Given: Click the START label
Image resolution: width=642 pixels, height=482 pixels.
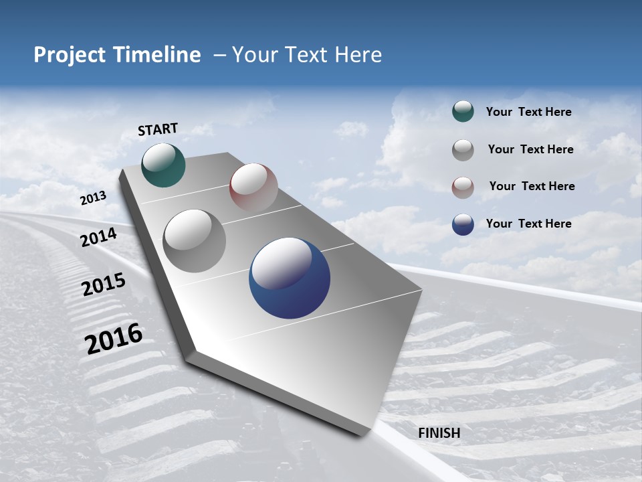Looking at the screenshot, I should (x=158, y=129).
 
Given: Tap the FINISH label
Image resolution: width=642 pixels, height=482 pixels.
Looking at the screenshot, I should (x=439, y=433).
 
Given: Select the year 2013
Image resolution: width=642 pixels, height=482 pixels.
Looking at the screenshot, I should (x=93, y=198).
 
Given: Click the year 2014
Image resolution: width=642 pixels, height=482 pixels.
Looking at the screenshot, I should (x=98, y=238).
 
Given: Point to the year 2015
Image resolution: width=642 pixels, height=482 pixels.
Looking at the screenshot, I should (x=103, y=285).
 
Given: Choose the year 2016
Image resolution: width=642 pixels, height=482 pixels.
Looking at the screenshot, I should (x=114, y=339).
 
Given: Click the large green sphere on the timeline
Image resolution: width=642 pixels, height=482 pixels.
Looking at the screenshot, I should (x=164, y=165).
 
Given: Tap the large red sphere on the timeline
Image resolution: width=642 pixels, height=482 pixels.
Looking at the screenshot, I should (x=253, y=187).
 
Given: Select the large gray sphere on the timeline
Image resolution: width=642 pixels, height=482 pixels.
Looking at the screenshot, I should (x=195, y=241).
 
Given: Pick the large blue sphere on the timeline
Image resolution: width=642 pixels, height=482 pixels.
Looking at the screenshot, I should (x=290, y=278).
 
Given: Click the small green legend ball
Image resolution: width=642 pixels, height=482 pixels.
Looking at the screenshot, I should (x=463, y=112).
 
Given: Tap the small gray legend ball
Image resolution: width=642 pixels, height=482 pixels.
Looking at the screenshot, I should (x=463, y=149).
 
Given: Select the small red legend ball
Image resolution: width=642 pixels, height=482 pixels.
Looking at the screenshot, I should (x=463, y=187).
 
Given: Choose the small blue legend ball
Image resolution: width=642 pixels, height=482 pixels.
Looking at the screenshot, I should (x=463, y=224).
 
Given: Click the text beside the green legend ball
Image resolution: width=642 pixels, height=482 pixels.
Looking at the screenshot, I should (x=528, y=112).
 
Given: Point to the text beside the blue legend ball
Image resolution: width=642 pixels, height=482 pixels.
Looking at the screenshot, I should (x=528, y=224).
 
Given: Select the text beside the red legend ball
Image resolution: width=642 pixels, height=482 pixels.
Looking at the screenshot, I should (x=532, y=186).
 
